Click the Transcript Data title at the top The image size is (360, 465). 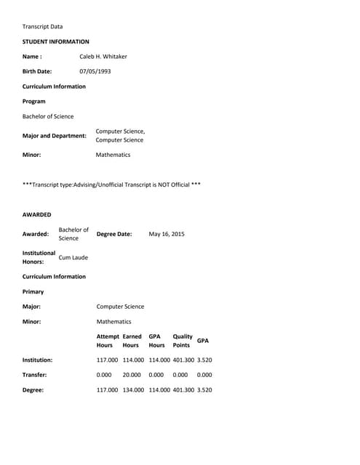42,27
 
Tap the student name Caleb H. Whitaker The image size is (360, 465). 103,57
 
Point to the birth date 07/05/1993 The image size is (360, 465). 95,71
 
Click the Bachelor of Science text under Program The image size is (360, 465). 48,116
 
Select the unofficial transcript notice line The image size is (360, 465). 112,185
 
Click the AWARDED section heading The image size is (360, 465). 37,215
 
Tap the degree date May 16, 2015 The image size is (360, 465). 167,234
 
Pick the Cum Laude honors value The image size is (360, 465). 73,257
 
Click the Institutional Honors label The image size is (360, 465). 39,257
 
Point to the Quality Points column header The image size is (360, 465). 182,341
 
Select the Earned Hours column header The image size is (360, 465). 132,341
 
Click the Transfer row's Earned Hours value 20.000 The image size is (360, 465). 132,375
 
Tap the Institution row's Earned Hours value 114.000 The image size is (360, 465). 133,360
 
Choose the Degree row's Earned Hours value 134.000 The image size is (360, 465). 133,390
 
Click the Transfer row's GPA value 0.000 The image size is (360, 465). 204,375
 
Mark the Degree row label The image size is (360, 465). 33,390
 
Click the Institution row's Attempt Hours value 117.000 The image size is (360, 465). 107,360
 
